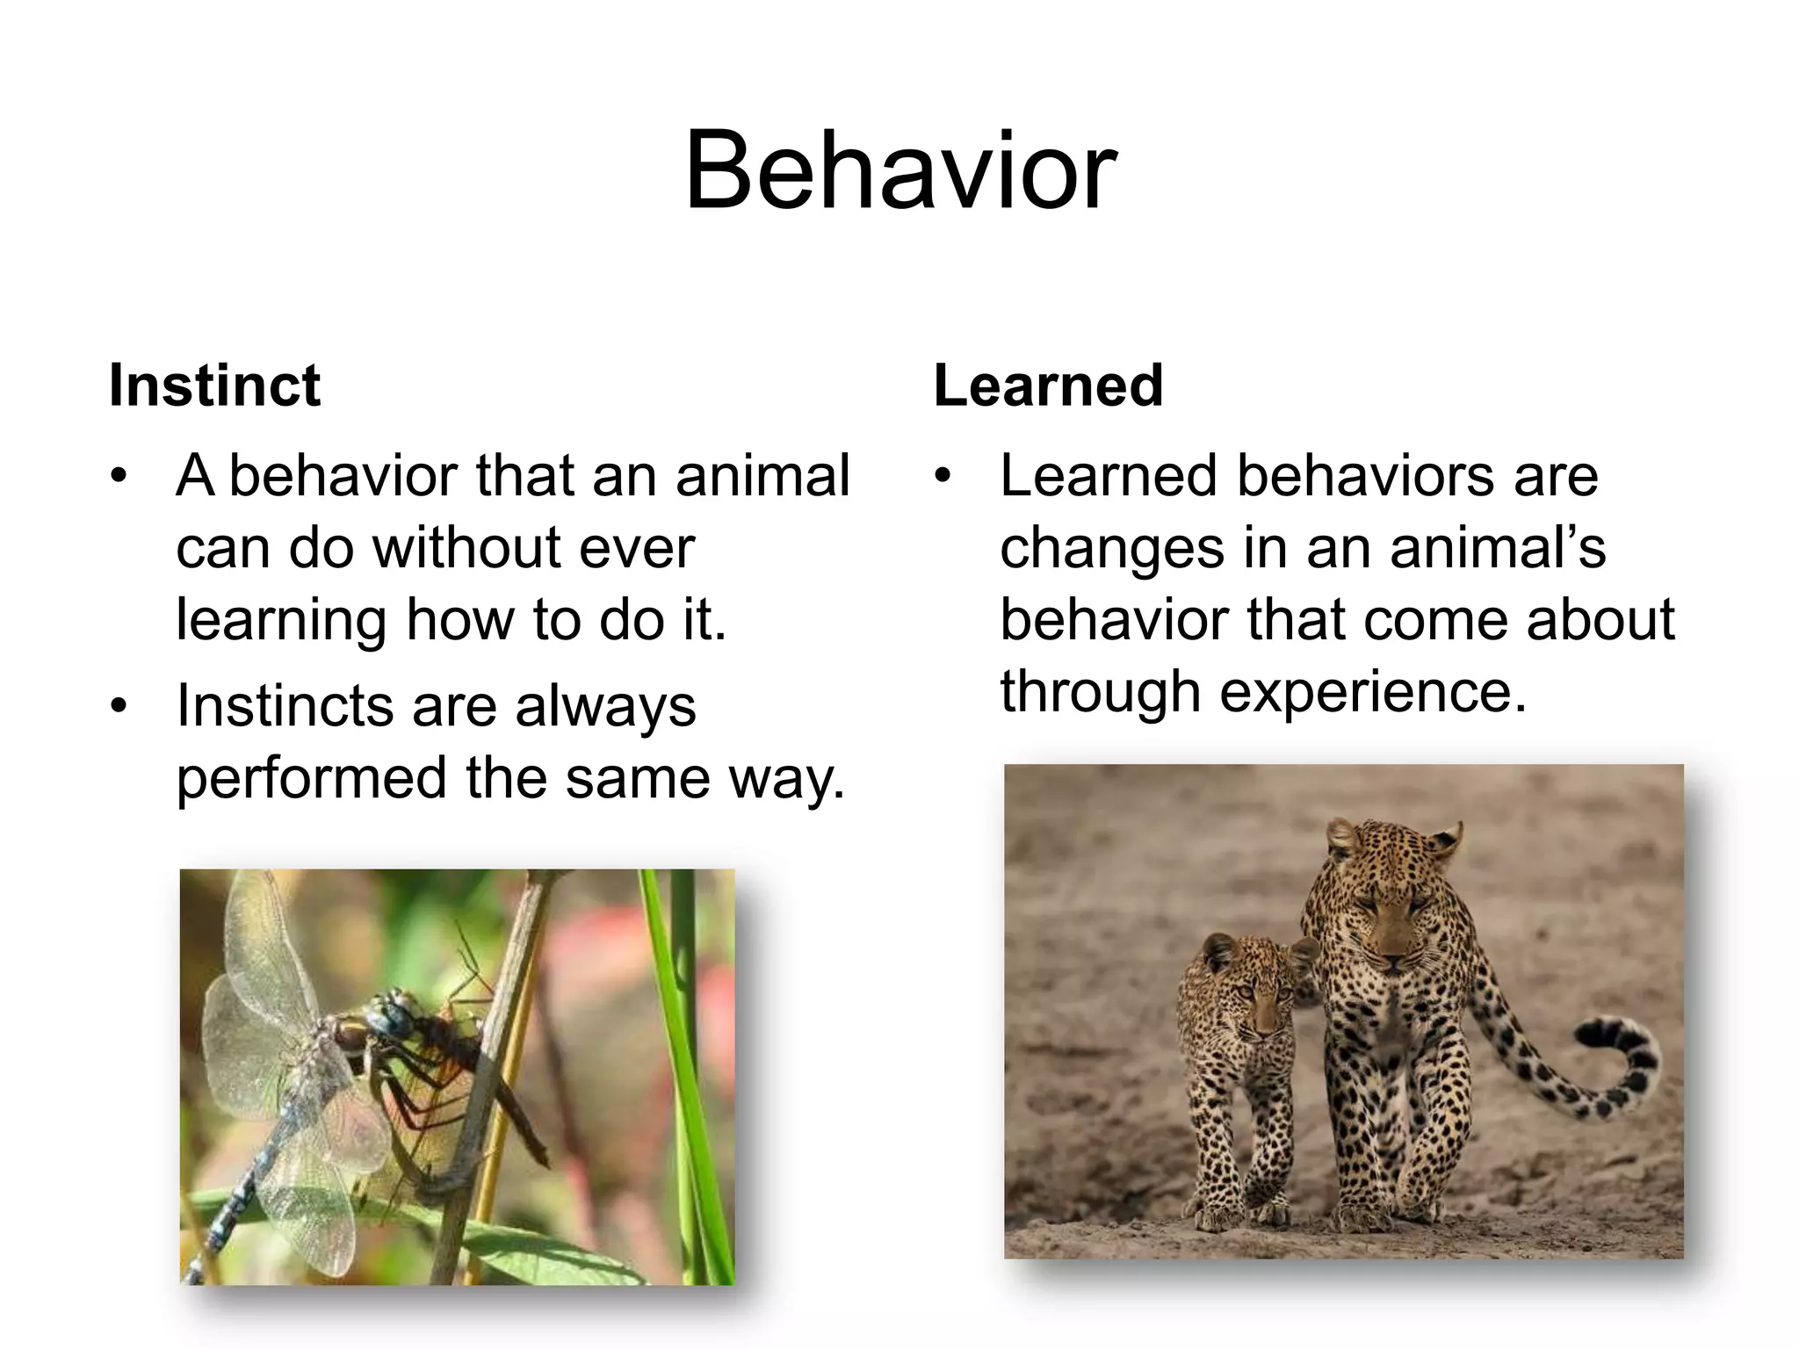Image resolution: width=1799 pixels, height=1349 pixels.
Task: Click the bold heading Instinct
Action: point(214,386)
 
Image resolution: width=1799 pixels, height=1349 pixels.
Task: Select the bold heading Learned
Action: point(1048,386)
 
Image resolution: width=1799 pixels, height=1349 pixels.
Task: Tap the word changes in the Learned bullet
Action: point(1113,548)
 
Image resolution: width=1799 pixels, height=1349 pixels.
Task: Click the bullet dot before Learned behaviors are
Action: point(943,477)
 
